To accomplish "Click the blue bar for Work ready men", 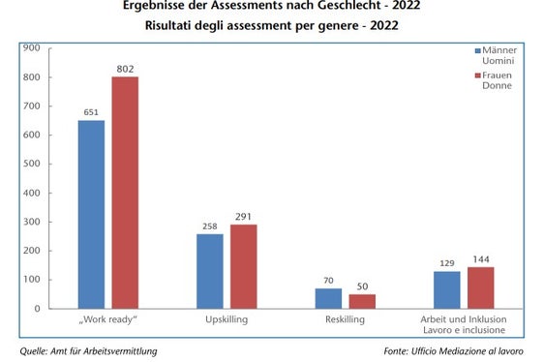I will click(91, 214).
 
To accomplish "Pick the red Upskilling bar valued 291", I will click(243, 266).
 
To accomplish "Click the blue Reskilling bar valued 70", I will click(329, 298).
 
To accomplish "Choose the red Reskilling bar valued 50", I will click(362, 301).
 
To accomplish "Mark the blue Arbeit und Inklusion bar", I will click(447, 289).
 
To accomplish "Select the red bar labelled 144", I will click(480, 287).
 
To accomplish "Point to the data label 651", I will click(91, 112).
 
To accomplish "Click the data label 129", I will click(447, 263).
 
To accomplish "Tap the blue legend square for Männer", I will click(477, 50).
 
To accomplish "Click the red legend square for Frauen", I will click(477, 75).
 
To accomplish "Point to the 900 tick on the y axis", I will click(31, 47).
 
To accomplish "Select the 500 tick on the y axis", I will click(31, 164).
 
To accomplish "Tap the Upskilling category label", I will click(227, 320).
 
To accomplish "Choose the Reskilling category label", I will click(346, 320).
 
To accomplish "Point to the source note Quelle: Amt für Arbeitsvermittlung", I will click(88, 350).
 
